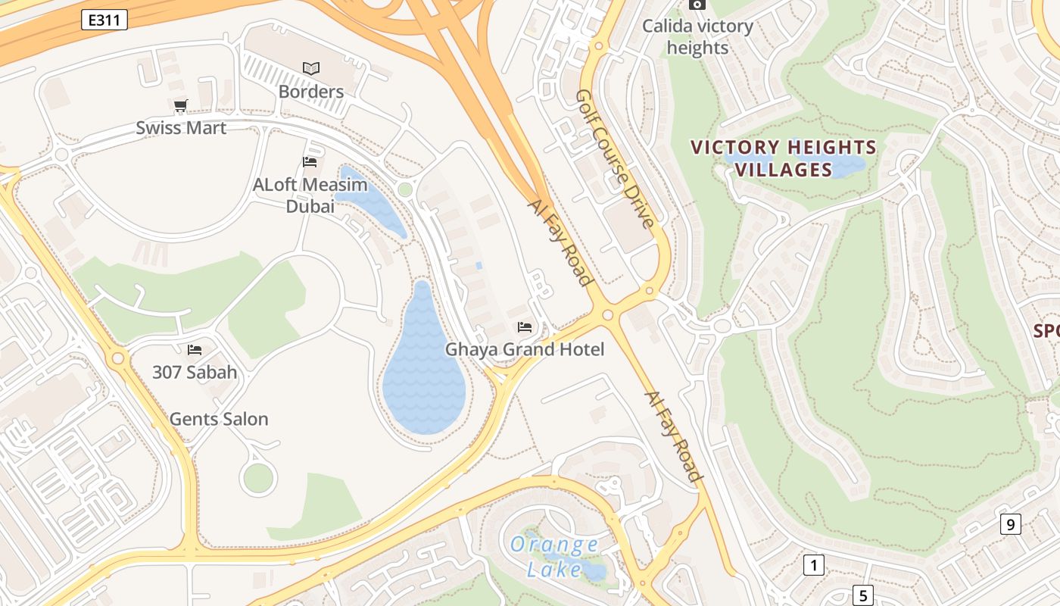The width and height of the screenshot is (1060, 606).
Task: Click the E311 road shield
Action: [104, 20]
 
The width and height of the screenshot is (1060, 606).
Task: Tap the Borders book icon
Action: [311, 68]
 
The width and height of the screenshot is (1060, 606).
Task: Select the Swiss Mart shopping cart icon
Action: [180, 106]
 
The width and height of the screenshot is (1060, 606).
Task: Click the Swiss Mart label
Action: [181, 127]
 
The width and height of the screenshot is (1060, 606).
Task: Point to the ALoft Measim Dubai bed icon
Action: [309, 161]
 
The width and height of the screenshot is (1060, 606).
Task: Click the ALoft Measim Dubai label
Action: [310, 195]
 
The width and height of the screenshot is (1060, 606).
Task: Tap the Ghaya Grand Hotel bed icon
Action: [525, 327]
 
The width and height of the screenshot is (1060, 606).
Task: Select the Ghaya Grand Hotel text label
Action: [525, 349]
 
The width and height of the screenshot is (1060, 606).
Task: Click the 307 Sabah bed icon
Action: [195, 349]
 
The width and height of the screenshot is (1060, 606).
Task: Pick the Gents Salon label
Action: [219, 419]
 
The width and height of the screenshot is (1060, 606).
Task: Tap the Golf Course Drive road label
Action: [614, 159]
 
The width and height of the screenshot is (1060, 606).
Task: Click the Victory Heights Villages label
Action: [784, 158]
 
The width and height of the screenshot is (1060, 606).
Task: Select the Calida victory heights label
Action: [697, 37]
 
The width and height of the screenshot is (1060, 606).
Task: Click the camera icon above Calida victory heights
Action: [697, 5]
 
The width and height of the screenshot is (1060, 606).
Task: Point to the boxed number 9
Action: [1010, 524]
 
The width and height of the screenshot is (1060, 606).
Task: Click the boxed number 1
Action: [813, 564]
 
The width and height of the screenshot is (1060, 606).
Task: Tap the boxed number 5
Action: [862, 595]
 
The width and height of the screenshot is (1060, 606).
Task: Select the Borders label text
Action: [311, 92]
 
